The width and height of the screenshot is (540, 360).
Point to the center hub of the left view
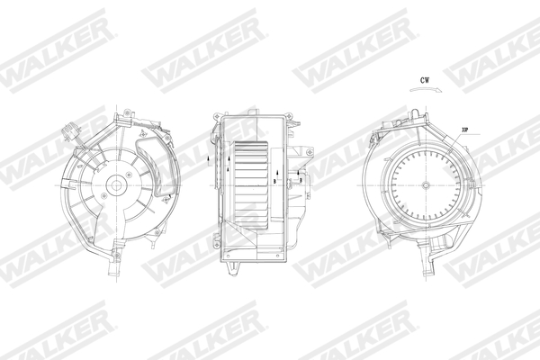[115, 187]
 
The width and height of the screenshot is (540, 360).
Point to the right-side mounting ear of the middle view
[301, 180]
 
